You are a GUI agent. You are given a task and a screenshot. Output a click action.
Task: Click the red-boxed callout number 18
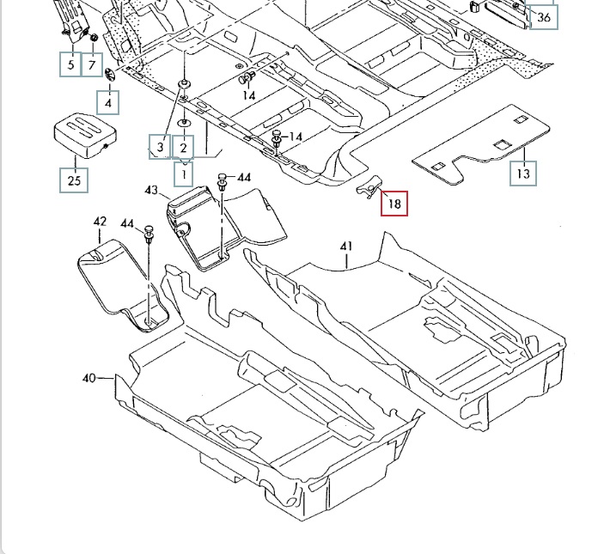tap(395, 204)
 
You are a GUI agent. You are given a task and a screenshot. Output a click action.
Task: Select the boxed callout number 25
tap(74, 180)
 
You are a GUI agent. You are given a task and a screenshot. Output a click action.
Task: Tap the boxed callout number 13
tap(524, 173)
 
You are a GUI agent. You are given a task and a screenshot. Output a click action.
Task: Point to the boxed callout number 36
tap(544, 17)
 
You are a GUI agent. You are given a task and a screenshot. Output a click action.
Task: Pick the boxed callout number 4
tap(108, 103)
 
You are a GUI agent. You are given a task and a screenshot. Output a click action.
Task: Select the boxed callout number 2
tap(183, 148)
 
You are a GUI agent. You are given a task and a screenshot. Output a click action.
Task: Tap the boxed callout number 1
tap(183, 174)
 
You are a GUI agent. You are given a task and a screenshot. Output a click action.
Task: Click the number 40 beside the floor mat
tap(90, 377)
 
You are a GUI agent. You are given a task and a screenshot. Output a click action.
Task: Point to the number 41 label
tap(346, 247)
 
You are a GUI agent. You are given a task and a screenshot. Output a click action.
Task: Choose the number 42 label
tap(99, 222)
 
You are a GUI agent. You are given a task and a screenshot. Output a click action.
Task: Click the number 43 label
tap(151, 189)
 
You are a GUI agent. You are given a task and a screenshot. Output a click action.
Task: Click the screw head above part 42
tap(149, 232)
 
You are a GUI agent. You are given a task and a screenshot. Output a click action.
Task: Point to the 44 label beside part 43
tap(244, 177)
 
